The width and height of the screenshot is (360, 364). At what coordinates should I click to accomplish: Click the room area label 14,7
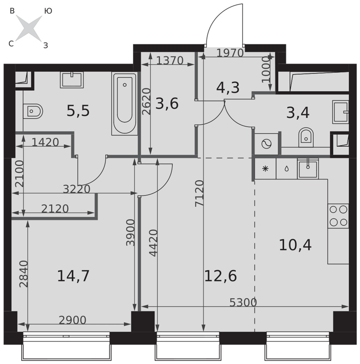tap(73, 276)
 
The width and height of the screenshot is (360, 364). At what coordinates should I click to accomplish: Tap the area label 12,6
tap(220, 276)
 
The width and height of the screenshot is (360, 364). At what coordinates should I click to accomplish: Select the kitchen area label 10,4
tap(295, 245)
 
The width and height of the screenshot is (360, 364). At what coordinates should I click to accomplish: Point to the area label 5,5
tap(78, 111)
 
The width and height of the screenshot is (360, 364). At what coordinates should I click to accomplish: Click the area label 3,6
tap(167, 103)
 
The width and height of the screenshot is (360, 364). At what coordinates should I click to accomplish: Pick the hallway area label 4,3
tap(228, 88)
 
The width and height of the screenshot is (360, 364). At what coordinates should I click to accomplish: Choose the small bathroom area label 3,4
tap(298, 113)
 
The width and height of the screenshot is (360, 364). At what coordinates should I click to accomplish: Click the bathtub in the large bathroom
tap(124, 103)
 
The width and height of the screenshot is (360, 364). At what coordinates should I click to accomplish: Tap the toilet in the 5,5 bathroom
tap(33, 111)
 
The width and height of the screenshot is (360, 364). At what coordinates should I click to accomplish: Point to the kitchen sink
tap(308, 169)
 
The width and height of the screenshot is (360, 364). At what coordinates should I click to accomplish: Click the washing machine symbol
tap(266, 144)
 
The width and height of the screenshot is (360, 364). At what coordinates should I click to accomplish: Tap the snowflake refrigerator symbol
tap(265, 169)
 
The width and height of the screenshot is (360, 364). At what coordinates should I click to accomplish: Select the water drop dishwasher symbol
tap(287, 169)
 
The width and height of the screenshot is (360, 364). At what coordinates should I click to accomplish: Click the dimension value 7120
tap(199, 193)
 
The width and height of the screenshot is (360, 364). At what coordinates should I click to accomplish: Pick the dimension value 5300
tap(243, 302)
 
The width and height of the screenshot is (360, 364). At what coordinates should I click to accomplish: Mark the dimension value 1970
tap(230, 53)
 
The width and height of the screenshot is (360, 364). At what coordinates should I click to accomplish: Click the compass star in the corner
tap(29, 28)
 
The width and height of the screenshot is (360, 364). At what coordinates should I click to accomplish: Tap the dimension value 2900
tap(72, 320)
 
